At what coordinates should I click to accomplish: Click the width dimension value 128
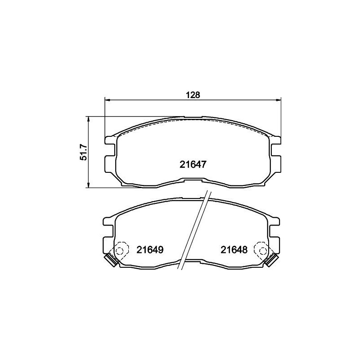coord(193,95)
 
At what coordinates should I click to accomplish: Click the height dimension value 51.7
coord(83,153)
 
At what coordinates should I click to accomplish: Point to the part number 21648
coord(234,249)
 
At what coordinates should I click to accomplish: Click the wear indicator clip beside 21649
coord(110,260)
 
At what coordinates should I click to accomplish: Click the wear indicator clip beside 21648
coord(271,260)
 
